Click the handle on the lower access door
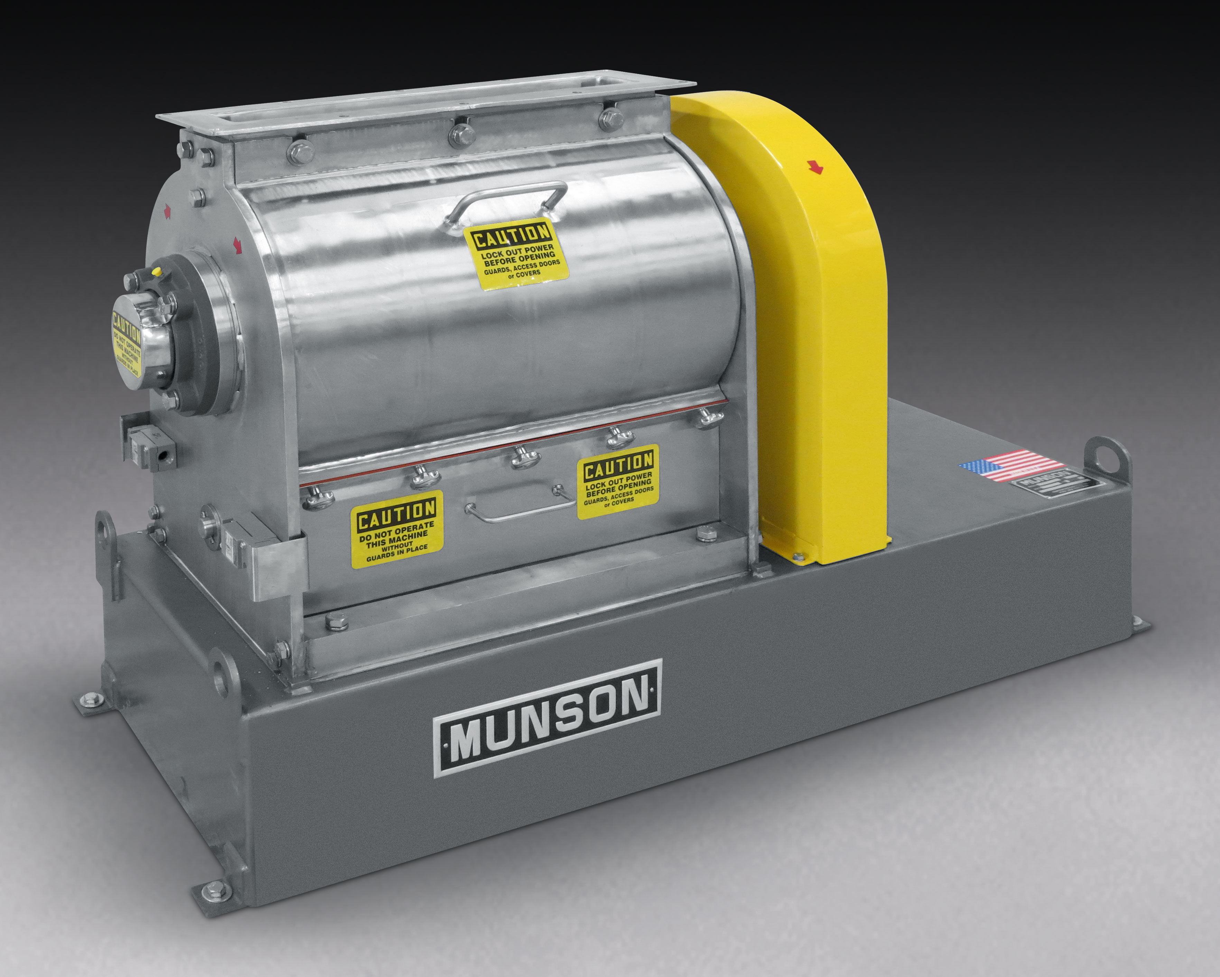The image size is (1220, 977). (x=519, y=503)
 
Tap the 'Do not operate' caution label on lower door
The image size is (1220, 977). (x=397, y=529)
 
